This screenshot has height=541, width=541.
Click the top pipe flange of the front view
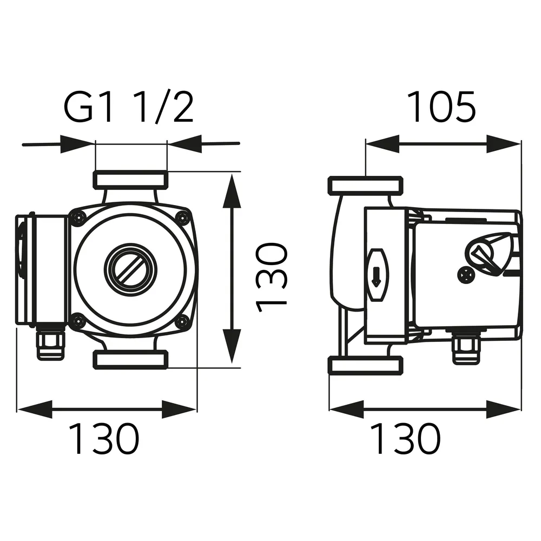[x=130, y=179]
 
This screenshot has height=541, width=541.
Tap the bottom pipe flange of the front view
[x=130, y=359]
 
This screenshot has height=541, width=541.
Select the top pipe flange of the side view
[x=366, y=186]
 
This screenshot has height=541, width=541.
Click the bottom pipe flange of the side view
[x=366, y=365]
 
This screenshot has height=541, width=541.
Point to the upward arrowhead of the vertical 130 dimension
[x=232, y=189]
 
